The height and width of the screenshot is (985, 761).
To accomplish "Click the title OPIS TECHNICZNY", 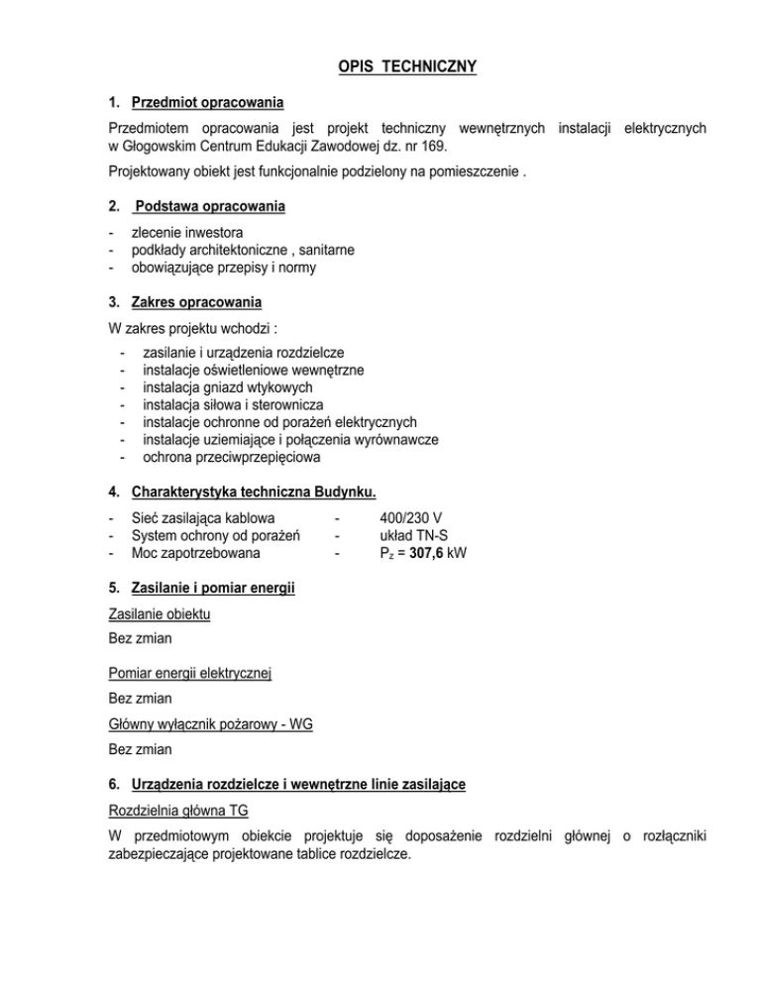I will [x=380, y=66].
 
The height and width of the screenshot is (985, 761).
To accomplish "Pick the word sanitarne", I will [x=327, y=250].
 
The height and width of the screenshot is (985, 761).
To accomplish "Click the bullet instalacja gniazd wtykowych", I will [x=228, y=387].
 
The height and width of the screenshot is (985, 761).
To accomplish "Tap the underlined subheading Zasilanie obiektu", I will [x=160, y=614].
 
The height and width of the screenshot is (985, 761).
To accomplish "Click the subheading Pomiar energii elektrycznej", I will [x=190, y=674].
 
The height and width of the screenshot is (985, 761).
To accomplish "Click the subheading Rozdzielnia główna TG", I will [x=178, y=810].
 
